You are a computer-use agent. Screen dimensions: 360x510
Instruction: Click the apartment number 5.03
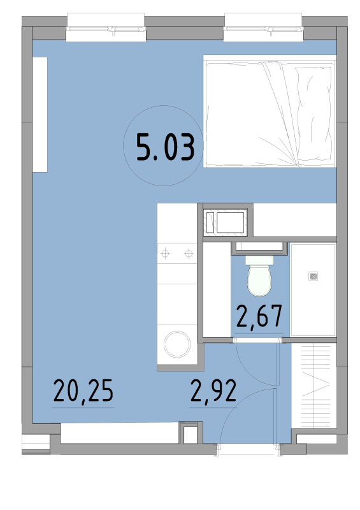point(165,147)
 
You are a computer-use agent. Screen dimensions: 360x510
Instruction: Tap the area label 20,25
point(83,391)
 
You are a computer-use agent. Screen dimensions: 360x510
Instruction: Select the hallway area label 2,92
point(213,391)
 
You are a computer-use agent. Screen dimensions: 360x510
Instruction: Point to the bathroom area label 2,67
point(259,316)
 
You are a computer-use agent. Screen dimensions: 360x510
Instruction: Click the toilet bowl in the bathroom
point(259,280)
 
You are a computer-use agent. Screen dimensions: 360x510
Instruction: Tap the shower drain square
point(313,277)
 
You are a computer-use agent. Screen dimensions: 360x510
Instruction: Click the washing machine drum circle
point(177,344)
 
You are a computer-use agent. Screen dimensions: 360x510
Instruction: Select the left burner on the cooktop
point(165,253)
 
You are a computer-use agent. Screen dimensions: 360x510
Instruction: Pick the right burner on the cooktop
point(189,253)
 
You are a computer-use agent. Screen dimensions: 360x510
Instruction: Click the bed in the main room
point(270,111)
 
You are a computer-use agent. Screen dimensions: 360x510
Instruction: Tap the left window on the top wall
point(106,27)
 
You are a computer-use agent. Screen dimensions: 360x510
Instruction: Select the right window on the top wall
point(263,27)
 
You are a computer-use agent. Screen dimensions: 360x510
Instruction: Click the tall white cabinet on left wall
point(40,115)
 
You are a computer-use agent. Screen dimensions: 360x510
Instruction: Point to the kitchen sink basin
point(230,222)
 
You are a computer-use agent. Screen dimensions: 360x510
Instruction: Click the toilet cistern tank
point(259,260)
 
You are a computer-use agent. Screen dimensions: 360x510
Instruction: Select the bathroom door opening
point(258,340)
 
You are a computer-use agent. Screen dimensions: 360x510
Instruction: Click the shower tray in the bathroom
point(313,290)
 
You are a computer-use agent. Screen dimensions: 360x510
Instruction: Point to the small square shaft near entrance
point(191,433)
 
